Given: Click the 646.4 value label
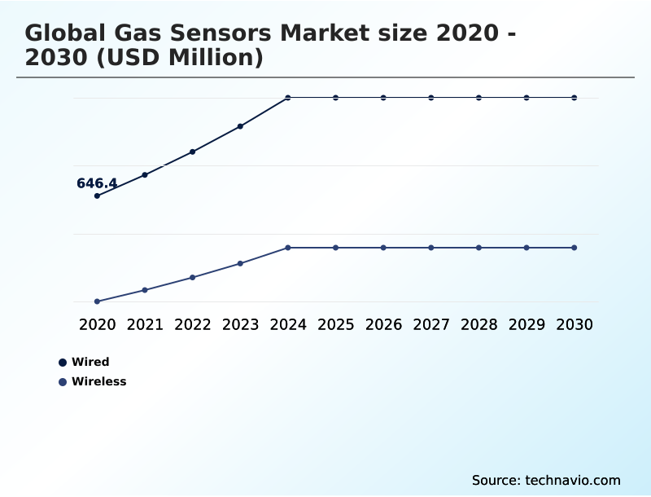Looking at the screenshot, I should tap(97, 183).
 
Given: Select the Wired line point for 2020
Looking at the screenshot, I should tap(97, 196).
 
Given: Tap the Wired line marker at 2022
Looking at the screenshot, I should tap(193, 152).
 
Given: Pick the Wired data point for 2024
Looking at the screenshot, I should tap(288, 98).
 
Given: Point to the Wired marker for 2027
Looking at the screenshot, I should tap(431, 98).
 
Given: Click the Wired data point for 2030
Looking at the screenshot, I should tap(575, 98).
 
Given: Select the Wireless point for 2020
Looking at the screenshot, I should tap(97, 301).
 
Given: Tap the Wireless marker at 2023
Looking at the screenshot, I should tap(240, 263).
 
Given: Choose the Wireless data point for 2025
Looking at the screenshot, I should tap(335, 248).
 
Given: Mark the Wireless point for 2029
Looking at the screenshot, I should tap(526, 248).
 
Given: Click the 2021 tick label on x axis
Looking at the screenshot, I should tap(145, 324).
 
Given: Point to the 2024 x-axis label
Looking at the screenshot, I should tap(288, 324).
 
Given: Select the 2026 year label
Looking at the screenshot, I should tap(383, 324).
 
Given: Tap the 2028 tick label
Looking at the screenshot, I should tap(478, 324).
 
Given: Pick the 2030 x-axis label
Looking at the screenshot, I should tap(575, 324).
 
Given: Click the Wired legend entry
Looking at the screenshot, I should tap(90, 362).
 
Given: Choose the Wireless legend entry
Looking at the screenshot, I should tap(98, 381).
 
